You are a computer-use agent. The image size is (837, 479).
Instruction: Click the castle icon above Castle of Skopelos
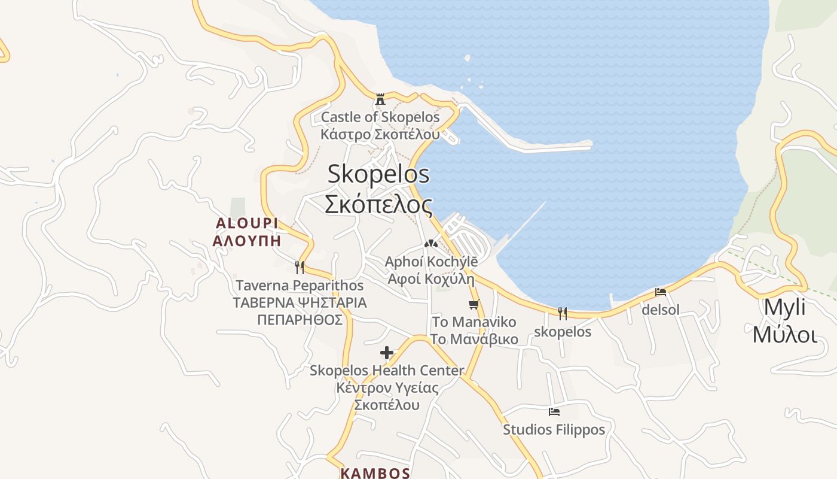pos(380,99)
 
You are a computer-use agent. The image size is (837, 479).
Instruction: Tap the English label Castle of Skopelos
pos(380,117)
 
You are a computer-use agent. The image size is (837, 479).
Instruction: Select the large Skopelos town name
pos(378,174)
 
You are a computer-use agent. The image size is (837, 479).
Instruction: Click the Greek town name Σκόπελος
pos(378,205)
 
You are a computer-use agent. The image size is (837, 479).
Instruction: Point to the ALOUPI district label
pos(247,223)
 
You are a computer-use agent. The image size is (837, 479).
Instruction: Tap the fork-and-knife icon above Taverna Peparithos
pos(300,267)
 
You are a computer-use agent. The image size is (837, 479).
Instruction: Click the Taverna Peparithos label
pos(300,286)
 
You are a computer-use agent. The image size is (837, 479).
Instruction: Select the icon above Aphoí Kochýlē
pos(430,244)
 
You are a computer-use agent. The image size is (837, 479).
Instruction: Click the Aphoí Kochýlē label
pos(431,262)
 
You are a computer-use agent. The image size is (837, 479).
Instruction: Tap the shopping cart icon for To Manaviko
pos(474,304)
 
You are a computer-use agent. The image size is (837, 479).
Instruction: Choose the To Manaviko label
pos(474,322)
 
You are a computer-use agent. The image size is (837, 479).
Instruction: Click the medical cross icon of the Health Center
pos(387,353)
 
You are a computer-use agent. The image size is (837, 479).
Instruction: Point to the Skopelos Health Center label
pos(387,371)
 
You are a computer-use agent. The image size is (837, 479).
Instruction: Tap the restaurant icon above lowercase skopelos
pos(563,313)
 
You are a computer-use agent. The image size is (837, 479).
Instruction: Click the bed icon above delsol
pos(661,292)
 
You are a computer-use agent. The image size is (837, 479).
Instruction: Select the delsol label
pos(661,310)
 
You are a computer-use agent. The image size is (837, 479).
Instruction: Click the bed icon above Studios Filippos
pos(554,412)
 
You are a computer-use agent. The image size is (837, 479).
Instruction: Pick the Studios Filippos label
pos(554,430)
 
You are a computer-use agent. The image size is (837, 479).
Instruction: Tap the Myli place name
pos(785,307)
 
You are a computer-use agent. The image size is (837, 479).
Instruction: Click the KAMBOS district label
pos(375,473)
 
